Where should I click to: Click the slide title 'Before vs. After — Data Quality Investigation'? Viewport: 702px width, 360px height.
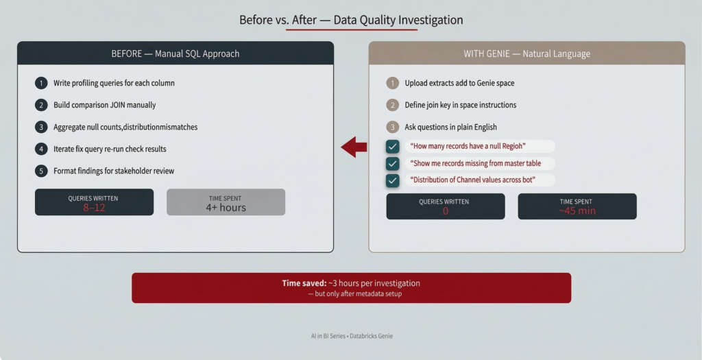351,20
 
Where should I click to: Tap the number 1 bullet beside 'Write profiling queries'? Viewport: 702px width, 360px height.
41,83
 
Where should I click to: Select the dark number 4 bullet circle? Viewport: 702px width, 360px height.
41,149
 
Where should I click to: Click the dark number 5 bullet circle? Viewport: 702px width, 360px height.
41,171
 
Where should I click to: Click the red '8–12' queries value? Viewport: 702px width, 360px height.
94,208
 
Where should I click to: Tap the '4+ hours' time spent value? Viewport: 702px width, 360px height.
226,208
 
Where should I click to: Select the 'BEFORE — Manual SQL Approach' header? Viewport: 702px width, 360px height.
175,53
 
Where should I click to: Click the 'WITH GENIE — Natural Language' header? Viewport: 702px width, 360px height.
527,53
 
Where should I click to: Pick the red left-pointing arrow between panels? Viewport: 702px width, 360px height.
354,147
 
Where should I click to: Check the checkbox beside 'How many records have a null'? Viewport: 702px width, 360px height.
393,147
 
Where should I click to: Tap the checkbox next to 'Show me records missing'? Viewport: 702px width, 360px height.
393,163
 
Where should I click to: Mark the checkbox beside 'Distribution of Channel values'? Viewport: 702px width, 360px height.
393,180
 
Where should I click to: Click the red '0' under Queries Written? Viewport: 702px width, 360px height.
446,211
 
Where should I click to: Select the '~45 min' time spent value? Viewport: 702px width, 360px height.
577,211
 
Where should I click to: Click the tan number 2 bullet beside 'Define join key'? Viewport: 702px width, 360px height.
393,105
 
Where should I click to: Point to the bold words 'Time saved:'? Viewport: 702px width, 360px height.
304,283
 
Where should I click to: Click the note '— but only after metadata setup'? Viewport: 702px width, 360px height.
354,293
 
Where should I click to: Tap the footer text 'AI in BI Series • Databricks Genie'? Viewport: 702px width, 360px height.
352,336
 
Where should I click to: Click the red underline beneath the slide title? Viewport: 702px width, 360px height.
352,29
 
